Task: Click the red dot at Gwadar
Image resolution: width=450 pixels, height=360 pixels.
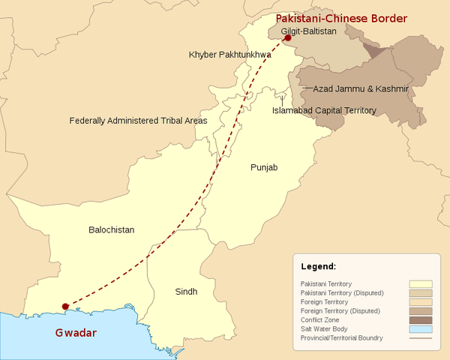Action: [x=65, y=306]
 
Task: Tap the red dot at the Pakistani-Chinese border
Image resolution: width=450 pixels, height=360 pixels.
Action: [x=287, y=39]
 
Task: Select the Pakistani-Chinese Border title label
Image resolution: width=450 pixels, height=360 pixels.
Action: [x=341, y=18]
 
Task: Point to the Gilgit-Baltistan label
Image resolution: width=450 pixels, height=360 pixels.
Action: [x=309, y=32]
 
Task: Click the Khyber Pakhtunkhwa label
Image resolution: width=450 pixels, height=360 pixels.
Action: [x=230, y=55]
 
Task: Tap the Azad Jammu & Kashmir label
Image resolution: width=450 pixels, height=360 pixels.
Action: [x=360, y=89]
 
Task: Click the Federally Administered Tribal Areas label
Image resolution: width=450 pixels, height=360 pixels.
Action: [x=138, y=120]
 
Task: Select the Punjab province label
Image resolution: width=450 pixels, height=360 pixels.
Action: [x=263, y=167]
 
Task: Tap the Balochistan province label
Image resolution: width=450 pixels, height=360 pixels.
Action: [x=111, y=230]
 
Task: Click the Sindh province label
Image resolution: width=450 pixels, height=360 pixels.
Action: [x=186, y=291]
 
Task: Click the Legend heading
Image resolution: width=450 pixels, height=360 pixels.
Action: [x=318, y=266]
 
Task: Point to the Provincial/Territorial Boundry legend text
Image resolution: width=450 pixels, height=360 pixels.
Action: [x=341, y=338]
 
